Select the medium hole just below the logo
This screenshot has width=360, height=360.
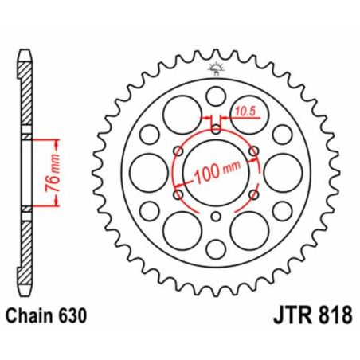(215, 96)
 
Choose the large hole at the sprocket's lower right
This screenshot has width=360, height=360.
(248, 229)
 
